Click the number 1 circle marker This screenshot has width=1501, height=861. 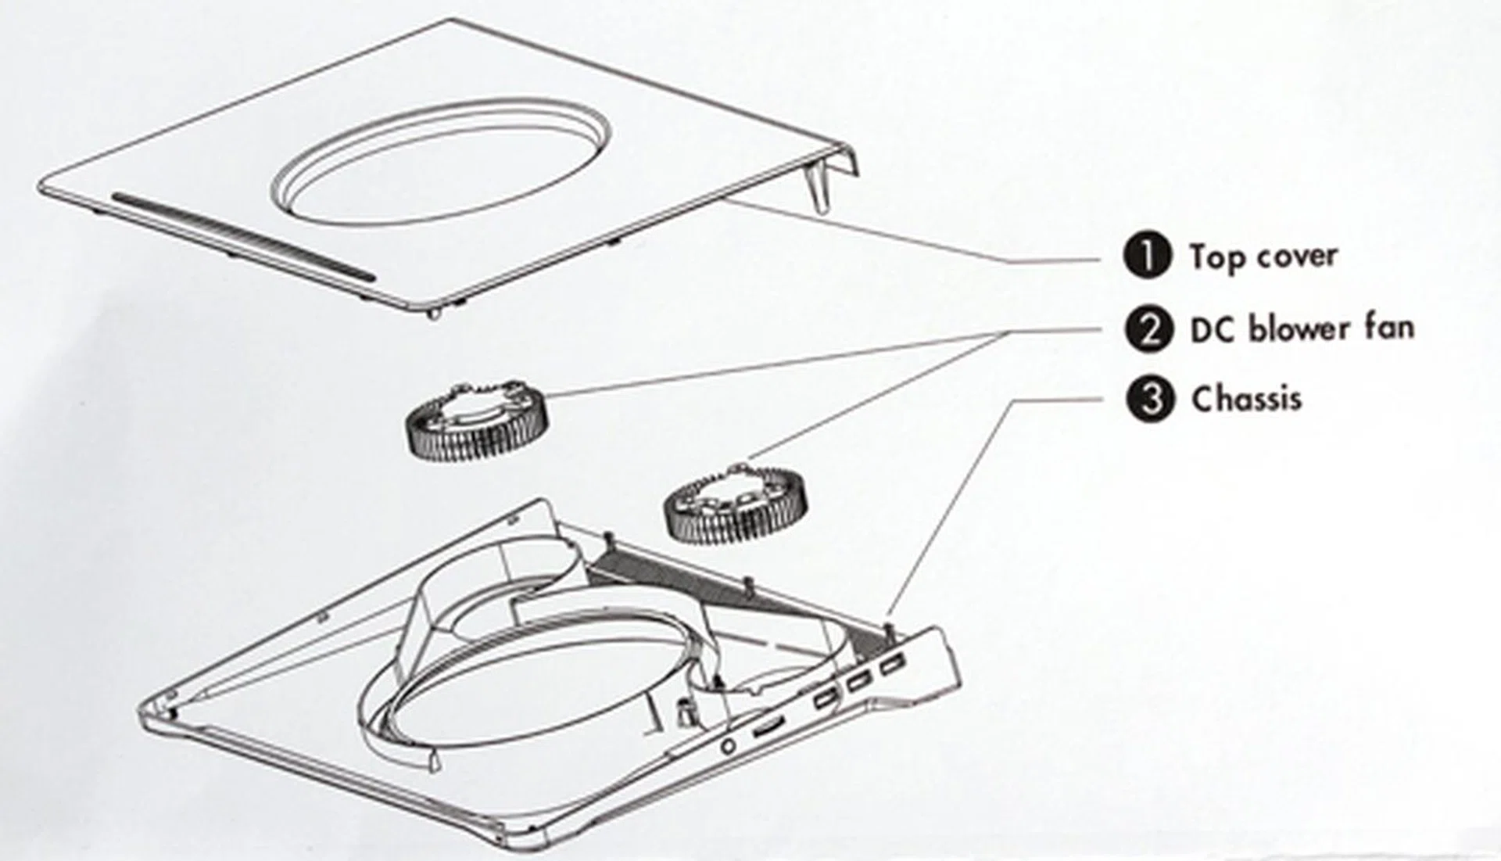[1147, 256]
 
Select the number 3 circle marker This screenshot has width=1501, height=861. [1149, 400]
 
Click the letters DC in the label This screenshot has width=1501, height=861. [1213, 330]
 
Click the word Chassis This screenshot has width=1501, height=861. [1247, 399]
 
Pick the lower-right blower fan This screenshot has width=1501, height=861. [735, 504]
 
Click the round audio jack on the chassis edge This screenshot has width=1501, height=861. [729, 746]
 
